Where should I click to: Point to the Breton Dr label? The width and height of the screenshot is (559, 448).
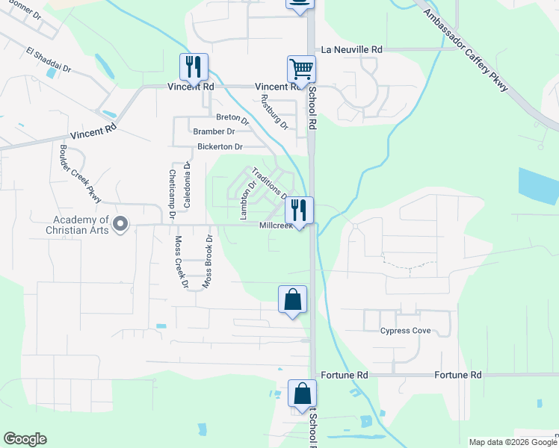[x=232, y=117]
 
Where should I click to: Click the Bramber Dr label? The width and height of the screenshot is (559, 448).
[x=214, y=131]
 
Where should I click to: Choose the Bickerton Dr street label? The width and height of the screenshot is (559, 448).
[x=220, y=146]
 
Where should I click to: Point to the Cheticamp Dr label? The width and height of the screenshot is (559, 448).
[x=172, y=193]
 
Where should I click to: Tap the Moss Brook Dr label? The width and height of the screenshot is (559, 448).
[x=209, y=262]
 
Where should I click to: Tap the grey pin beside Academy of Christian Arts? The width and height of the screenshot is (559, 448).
[x=122, y=224]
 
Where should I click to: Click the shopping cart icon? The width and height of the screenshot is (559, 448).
[x=302, y=69]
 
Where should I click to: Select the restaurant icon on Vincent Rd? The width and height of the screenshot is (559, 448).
[x=194, y=67]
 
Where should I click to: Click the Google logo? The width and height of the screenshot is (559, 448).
[x=25, y=439]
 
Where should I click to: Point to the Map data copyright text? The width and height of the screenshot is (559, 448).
[x=513, y=442]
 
